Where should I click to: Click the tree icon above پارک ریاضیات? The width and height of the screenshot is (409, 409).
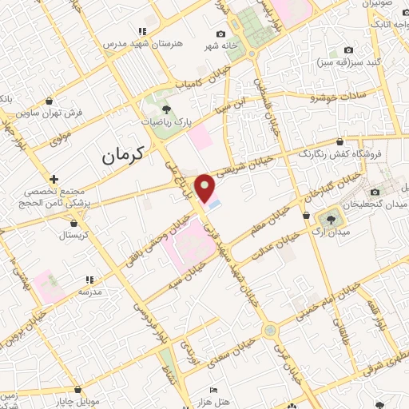click(166, 109)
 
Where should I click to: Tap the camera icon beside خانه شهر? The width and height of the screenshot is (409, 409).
click(220, 34)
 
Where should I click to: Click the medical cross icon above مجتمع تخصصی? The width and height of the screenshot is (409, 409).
click(53, 180)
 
